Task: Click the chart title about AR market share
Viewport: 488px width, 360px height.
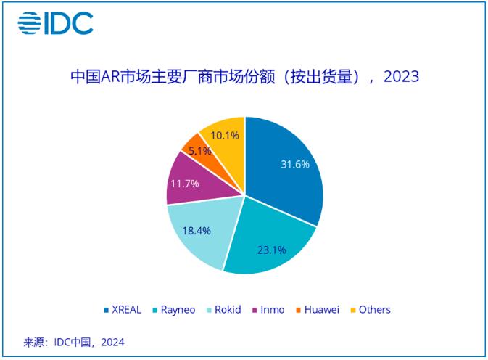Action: click(244, 76)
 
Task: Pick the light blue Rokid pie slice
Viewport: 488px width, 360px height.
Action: click(199, 232)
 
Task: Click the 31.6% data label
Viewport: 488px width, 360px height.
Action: click(295, 164)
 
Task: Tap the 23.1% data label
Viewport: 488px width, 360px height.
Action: click(271, 250)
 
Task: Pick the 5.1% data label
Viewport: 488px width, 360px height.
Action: click(199, 151)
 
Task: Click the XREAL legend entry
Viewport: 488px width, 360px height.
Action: click(123, 309)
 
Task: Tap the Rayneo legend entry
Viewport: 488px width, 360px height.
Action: click(173, 309)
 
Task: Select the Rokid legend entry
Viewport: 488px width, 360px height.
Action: click(225, 309)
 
